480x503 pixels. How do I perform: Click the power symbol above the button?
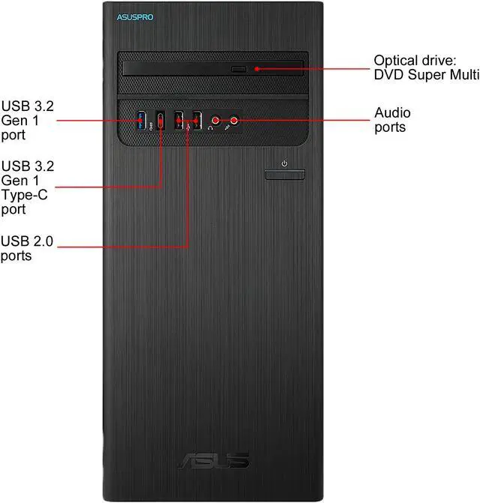284,163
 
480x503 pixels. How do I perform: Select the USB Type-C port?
160,119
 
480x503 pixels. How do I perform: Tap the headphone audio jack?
216,118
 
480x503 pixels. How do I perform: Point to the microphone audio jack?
235,118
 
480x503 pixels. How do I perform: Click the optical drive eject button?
238,69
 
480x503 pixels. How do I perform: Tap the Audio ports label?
392,120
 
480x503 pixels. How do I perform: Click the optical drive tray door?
214,70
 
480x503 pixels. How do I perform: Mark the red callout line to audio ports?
307,118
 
